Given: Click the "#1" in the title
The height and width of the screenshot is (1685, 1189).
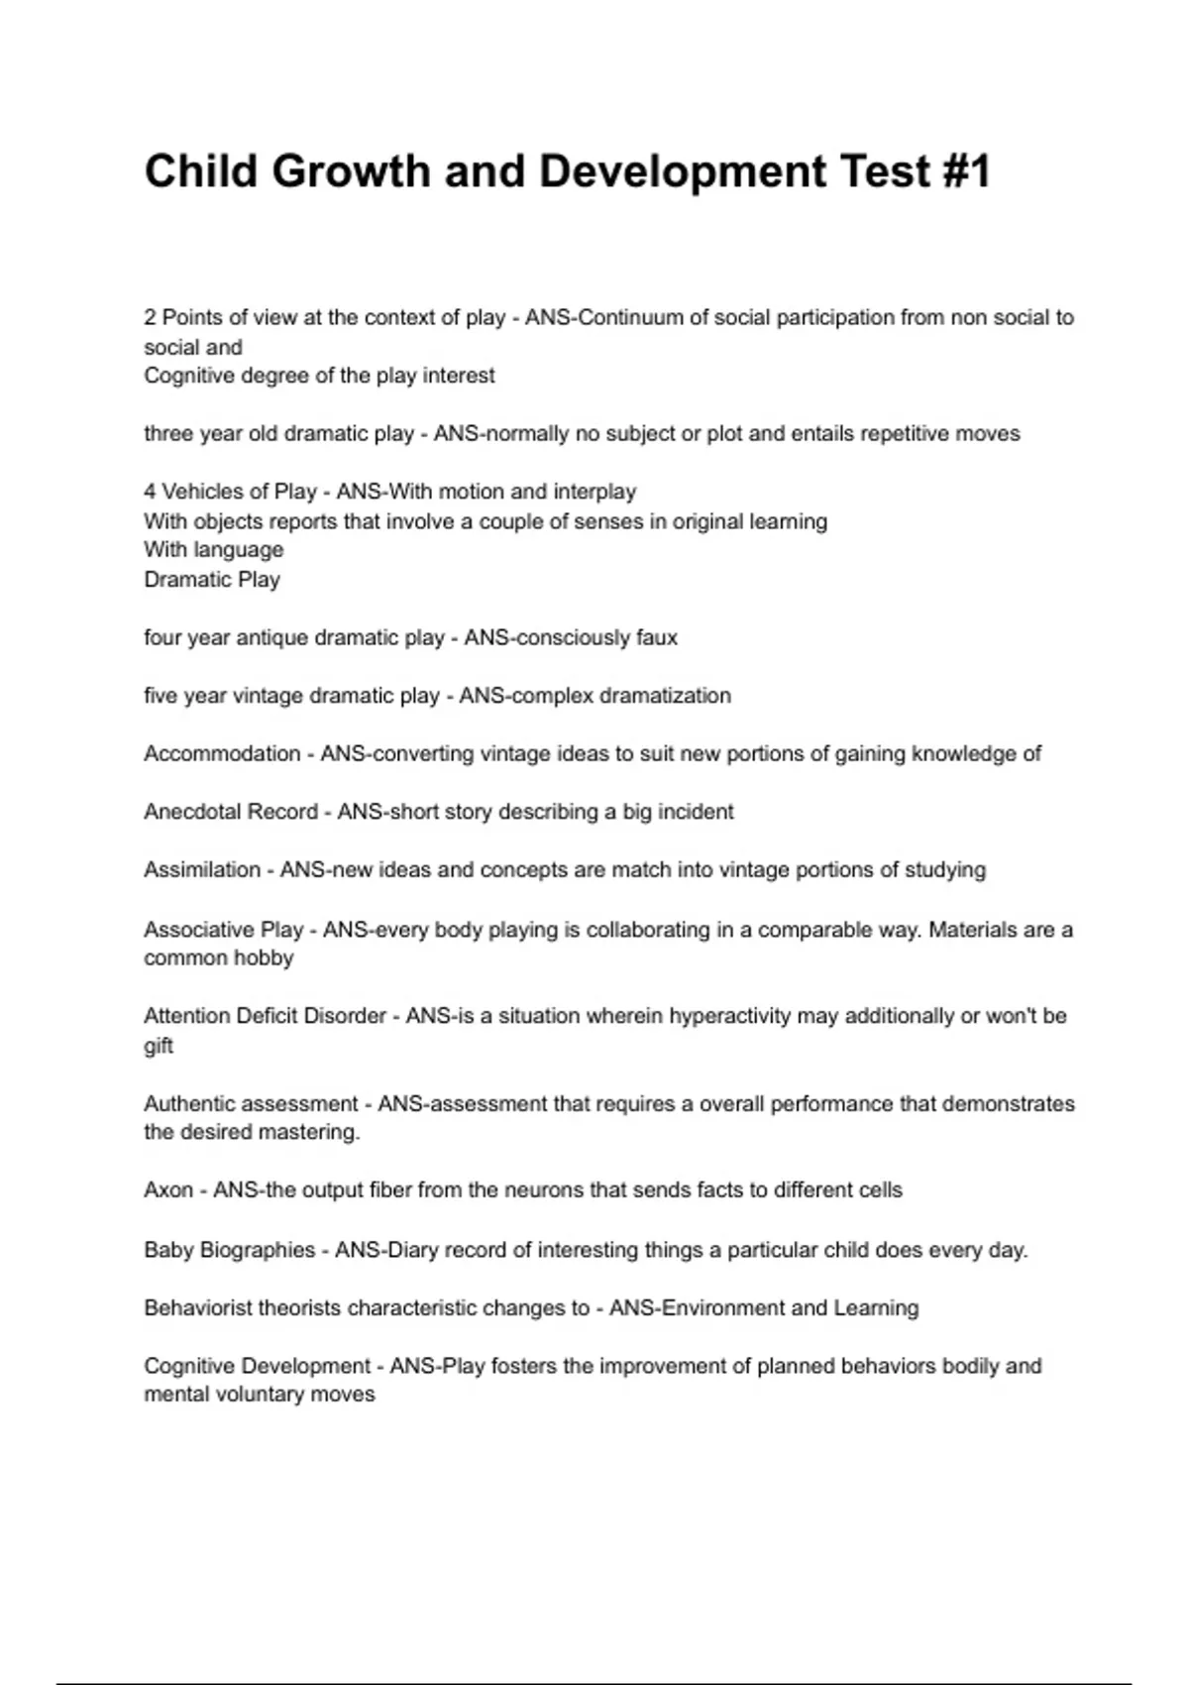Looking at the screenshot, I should (x=961, y=171).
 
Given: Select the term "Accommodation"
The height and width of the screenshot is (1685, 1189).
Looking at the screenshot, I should (x=222, y=753).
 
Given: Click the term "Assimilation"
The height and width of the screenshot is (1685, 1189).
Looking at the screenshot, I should (x=202, y=869).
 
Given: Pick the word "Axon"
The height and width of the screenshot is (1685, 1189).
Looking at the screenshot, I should (x=168, y=1189).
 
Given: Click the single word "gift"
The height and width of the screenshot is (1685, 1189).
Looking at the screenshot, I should (x=159, y=1046).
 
